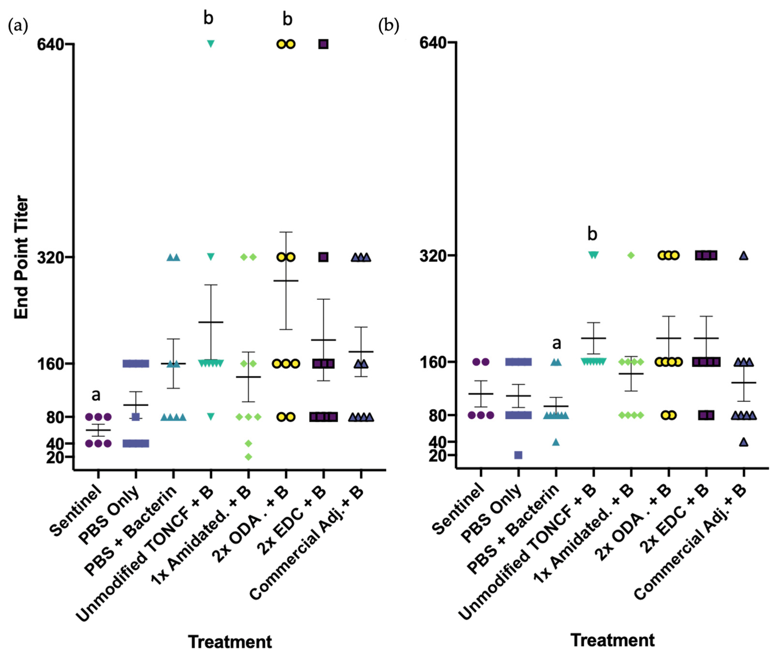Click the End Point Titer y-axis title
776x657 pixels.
tap(21, 257)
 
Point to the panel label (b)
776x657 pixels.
tap(388, 26)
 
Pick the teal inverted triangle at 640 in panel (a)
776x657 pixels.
tap(210, 44)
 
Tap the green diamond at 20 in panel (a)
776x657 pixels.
tap(248, 457)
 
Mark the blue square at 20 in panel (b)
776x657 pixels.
tap(518, 455)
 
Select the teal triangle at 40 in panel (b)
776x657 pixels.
tap(556, 442)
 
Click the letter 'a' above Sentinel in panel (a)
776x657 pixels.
tap(96, 395)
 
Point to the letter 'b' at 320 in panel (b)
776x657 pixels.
tap(592, 234)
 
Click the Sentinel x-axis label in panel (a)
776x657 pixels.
tap(76, 511)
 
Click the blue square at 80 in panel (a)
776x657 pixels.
tap(136, 417)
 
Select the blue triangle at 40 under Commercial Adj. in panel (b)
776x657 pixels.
tap(744, 442)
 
